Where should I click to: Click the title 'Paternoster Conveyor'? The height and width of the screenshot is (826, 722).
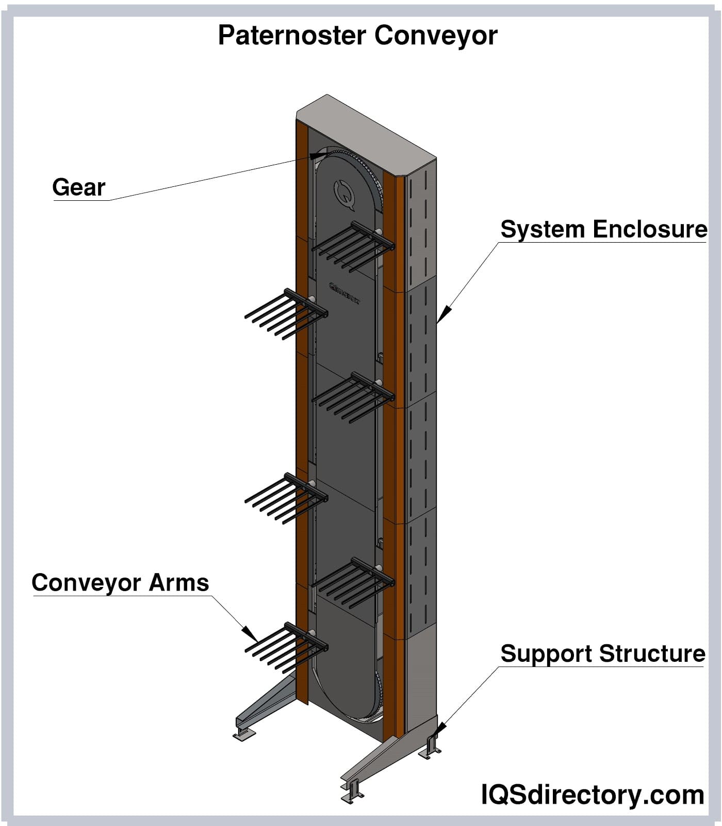pyautogui.click(x=357, y=36)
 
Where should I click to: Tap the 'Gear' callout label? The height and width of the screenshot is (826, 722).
pyautogui.click(x=79, y=187)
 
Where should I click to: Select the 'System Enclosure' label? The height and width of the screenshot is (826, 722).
pyautogui.click(x=603, y=229)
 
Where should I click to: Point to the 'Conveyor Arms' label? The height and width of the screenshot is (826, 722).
pyautogui.click(x=120, y=582)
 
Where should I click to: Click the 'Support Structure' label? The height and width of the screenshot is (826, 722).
pyautogui.click(x=602, y=654)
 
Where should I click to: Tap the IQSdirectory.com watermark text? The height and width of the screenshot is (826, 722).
pyautogui.click(x=593, y=795)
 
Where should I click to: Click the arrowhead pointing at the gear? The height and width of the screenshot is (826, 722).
pyautogui.click(x=317, y=155)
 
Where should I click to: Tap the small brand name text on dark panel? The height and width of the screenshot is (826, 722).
pyautogui.click(x=344, y=293)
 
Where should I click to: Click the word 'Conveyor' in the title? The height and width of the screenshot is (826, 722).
pyautogui.click(x=436, y=36)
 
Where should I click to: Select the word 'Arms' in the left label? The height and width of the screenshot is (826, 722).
pyautogui.click(x=178, y=582)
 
